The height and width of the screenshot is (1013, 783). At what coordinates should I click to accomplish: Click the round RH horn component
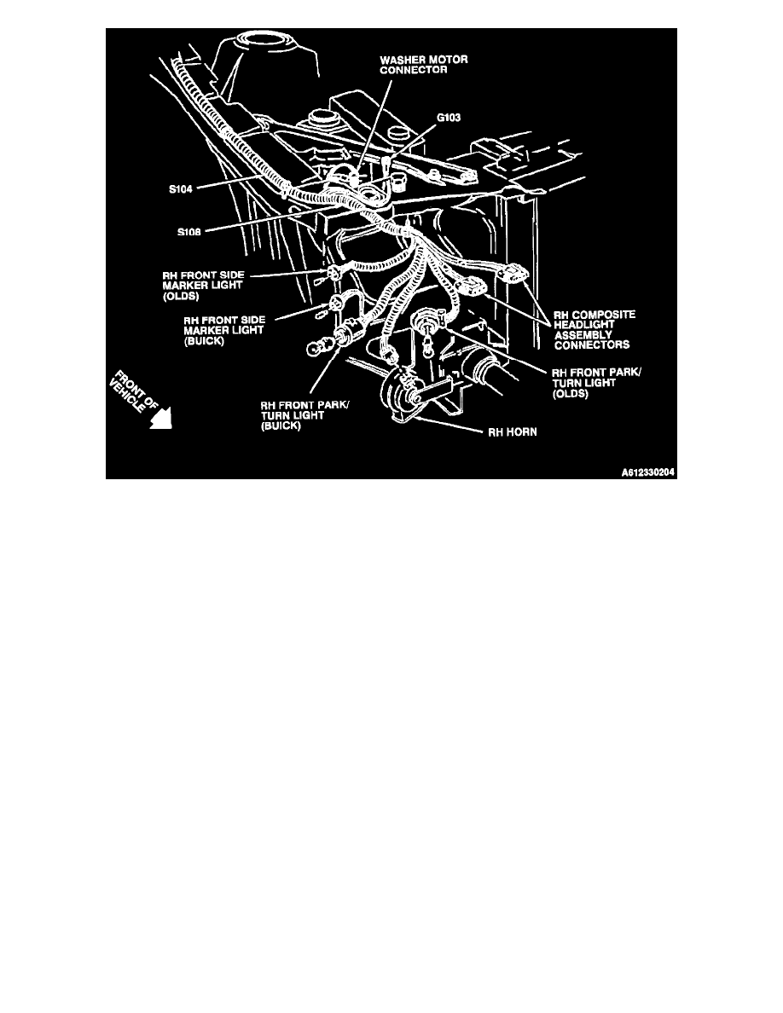pos(401,392)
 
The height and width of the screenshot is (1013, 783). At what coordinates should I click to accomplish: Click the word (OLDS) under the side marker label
pos(182,297)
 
